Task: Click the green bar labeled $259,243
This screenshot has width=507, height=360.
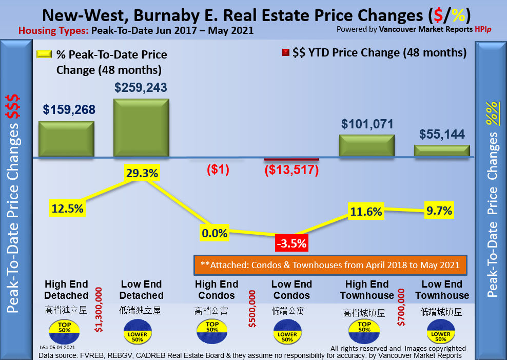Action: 141,127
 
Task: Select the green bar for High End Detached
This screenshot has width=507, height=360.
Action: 66,139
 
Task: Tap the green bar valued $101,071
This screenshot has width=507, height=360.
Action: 367,145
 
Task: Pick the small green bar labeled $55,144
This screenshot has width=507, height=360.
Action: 442,150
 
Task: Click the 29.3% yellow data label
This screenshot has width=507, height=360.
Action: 141,174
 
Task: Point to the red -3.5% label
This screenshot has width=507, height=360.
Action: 290,242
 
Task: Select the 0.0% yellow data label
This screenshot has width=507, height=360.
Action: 215,234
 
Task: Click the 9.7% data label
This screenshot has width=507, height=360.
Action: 439,211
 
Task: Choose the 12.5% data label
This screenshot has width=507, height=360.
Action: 67,208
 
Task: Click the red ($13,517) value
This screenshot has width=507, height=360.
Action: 291,170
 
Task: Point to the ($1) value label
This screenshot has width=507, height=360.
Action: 217,169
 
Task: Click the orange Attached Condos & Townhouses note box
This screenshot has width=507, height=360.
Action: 330,265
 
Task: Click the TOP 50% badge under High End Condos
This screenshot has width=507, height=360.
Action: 212,330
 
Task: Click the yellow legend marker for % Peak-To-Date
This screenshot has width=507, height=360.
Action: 43,54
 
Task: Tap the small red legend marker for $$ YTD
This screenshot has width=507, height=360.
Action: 285,52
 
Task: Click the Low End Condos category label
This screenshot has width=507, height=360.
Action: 291,290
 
